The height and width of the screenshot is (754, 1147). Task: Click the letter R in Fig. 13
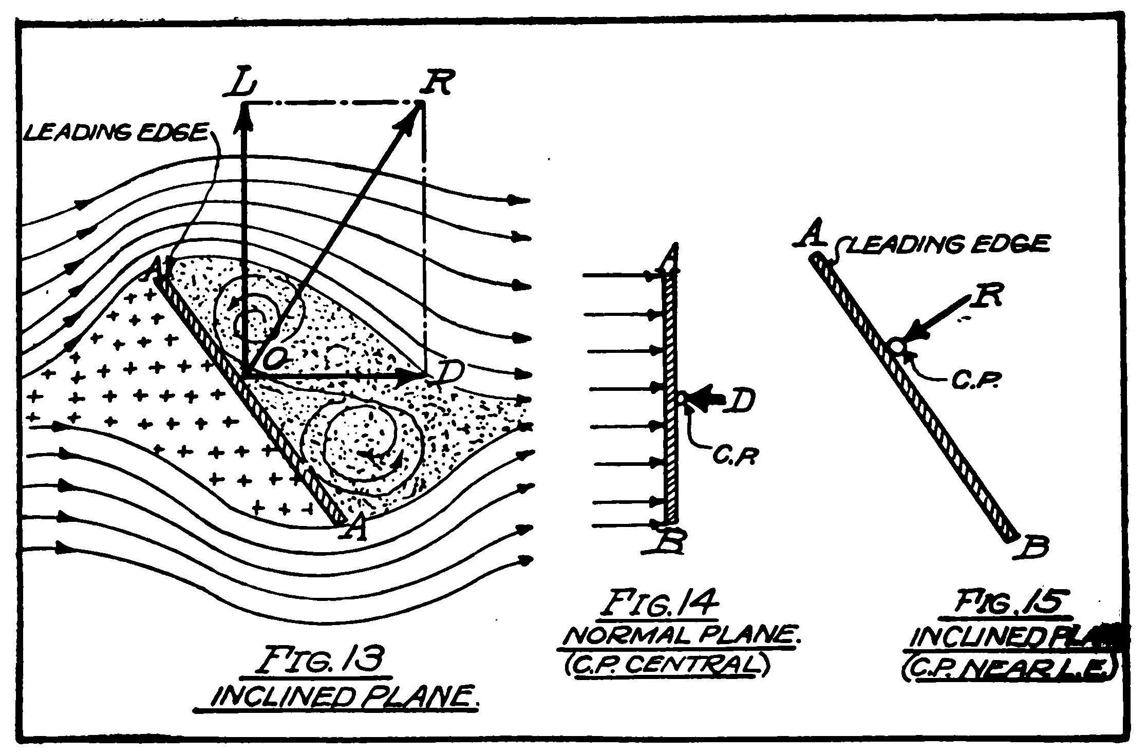[x=435, y=82]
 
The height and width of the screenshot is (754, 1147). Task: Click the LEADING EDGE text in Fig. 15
[x=948, y=244]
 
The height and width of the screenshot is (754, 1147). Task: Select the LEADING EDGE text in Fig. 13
[x=116, y=134]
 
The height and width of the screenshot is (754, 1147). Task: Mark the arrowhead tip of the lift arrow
[x=244, y=107]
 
